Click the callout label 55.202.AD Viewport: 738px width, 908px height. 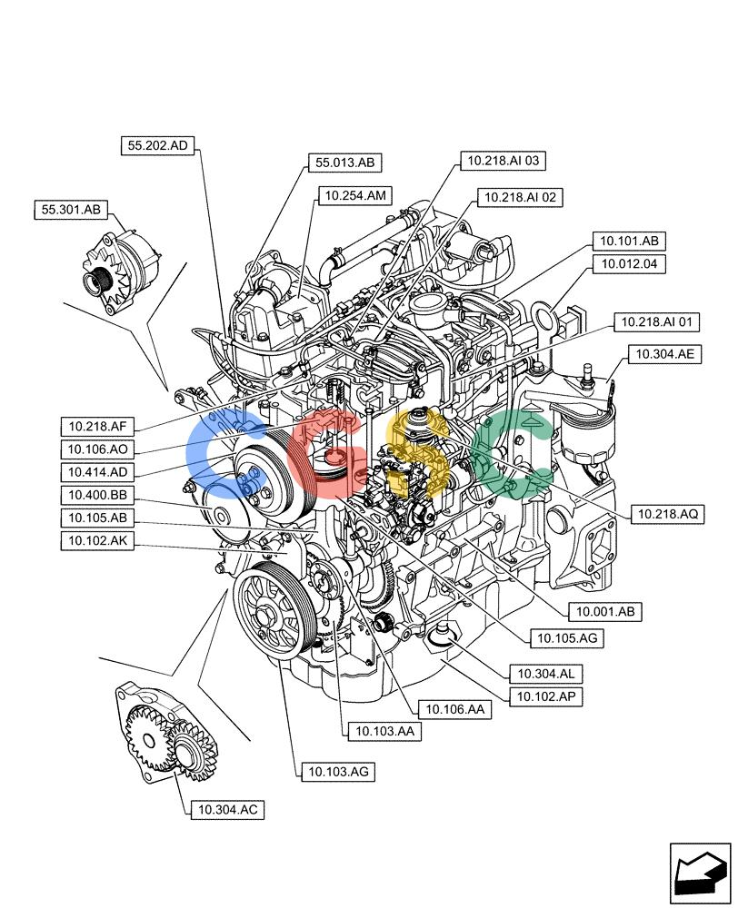157,145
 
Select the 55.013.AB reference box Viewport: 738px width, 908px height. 345,163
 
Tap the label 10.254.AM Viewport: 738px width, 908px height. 355,196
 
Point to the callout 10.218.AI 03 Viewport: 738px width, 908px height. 504,161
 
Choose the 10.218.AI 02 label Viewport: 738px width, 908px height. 520,197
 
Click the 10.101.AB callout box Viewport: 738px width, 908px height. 629,241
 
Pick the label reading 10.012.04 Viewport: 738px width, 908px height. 629,264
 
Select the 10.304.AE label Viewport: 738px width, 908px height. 665,354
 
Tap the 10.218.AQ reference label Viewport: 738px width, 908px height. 668,514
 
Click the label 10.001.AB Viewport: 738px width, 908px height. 605,611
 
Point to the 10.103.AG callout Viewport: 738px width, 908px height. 338,771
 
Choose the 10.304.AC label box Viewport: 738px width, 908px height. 228,810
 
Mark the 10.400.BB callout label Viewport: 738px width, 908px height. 97,495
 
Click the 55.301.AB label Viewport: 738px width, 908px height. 71,210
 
